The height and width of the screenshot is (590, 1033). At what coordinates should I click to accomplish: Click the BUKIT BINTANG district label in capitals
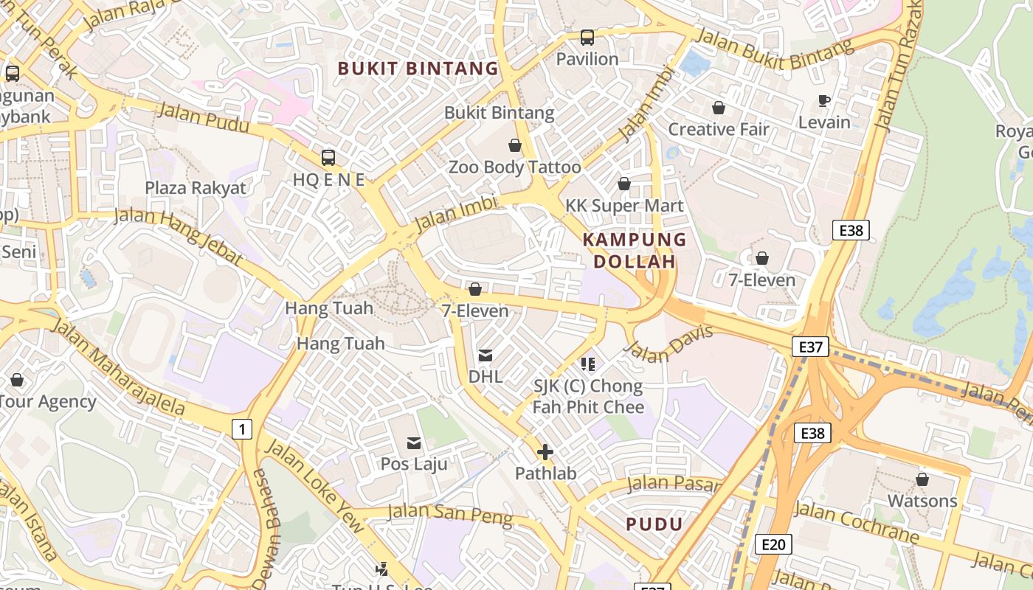pos(418,69)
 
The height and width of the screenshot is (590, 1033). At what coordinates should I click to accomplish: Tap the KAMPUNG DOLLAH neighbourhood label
pos(635,251)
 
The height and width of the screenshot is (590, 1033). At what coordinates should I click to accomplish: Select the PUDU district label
pos(654,524)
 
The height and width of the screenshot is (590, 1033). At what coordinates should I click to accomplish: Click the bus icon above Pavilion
pos(587,38)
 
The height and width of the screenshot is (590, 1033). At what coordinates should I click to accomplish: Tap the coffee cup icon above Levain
pos(824,101)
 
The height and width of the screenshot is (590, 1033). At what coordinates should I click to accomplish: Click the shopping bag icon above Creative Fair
pos(719,108)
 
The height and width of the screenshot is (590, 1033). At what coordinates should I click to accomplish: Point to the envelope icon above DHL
pos(486,355)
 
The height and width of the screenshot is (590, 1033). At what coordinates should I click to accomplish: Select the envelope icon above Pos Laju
pos(414,443)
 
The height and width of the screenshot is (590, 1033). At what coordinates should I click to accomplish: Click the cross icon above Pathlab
pos(545,452)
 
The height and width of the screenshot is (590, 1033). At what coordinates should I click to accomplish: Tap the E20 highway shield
pos(773,544)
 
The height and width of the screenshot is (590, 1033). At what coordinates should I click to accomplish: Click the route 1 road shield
pos(241,428)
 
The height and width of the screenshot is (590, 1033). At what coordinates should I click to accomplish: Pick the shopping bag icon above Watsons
pos(922,480)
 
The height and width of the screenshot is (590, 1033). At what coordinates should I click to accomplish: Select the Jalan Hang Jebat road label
pos(179,235)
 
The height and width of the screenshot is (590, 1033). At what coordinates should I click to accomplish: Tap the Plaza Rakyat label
pos(196,187)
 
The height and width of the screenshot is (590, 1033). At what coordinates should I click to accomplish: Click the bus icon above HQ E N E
pos(328,158)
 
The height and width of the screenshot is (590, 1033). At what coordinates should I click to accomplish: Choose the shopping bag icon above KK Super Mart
pos(624,184)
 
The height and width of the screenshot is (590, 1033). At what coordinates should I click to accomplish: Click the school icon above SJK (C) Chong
pos(588,364)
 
